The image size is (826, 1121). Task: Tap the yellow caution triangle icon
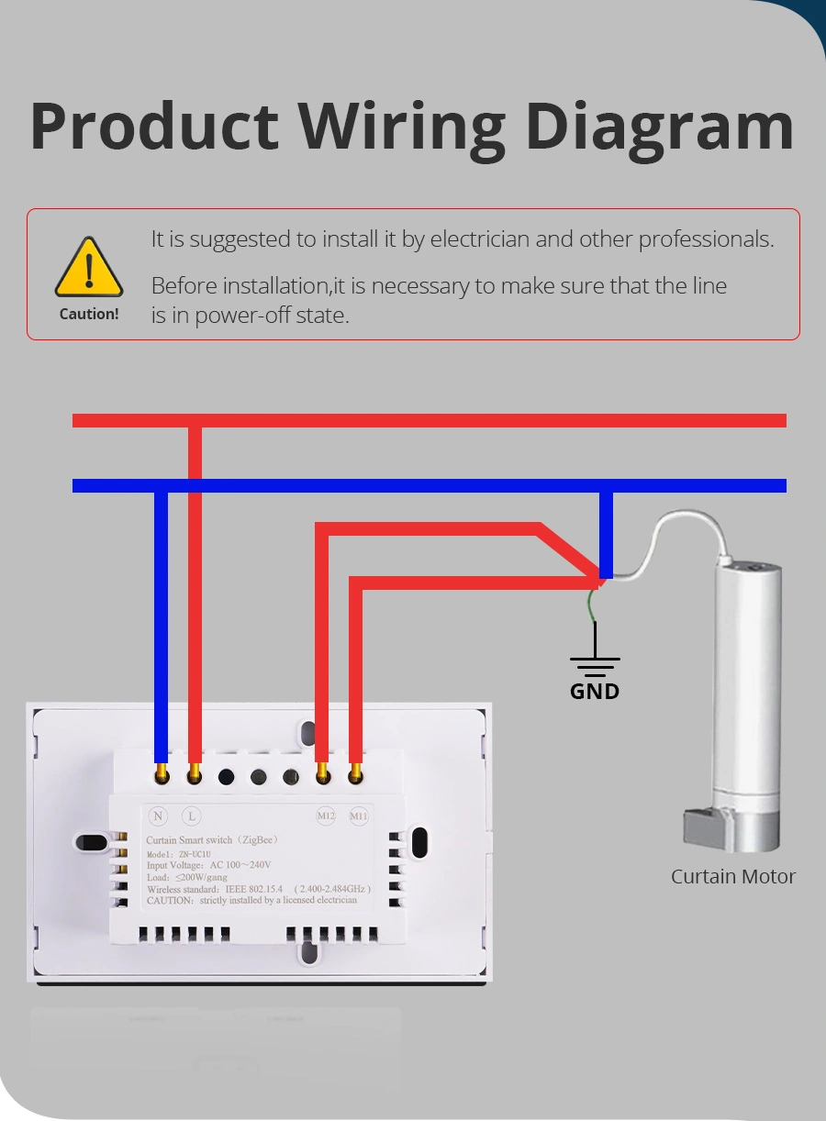point(88,267)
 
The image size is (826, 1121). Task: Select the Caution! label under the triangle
point(89,314)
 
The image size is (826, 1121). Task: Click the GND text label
point(595,691)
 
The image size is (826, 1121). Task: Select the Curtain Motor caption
point(732,876)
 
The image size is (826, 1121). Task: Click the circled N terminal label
point(159,816)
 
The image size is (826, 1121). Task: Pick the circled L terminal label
point(192,816)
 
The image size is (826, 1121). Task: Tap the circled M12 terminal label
point(326,816)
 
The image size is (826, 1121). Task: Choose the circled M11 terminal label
point(358,816)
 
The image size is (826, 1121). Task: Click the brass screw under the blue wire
point(162,776)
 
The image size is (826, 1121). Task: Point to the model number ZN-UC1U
point(195,854)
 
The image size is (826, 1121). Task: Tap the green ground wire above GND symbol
point(594,604)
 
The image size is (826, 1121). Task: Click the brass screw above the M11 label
point(355,776)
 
